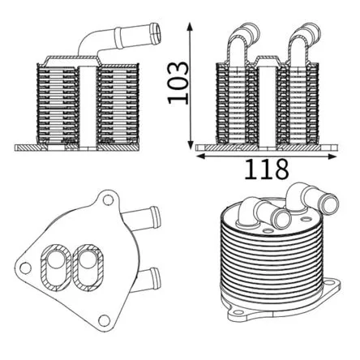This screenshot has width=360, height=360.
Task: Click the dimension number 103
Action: pos(178,83)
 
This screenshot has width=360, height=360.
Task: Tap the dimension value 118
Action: pos(267,169)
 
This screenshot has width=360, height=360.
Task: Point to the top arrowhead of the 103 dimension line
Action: pos(190,28)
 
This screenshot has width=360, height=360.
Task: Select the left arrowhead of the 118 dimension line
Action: pos(200,156)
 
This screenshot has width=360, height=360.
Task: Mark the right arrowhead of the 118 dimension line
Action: pos(332,156)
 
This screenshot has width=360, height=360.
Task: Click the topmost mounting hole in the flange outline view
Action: pos(108,200)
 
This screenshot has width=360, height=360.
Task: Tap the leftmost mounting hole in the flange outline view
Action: pos(26,268)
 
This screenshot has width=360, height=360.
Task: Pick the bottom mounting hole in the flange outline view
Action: pos(104,320)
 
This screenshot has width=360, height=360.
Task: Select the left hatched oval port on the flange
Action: pos(56,268)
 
